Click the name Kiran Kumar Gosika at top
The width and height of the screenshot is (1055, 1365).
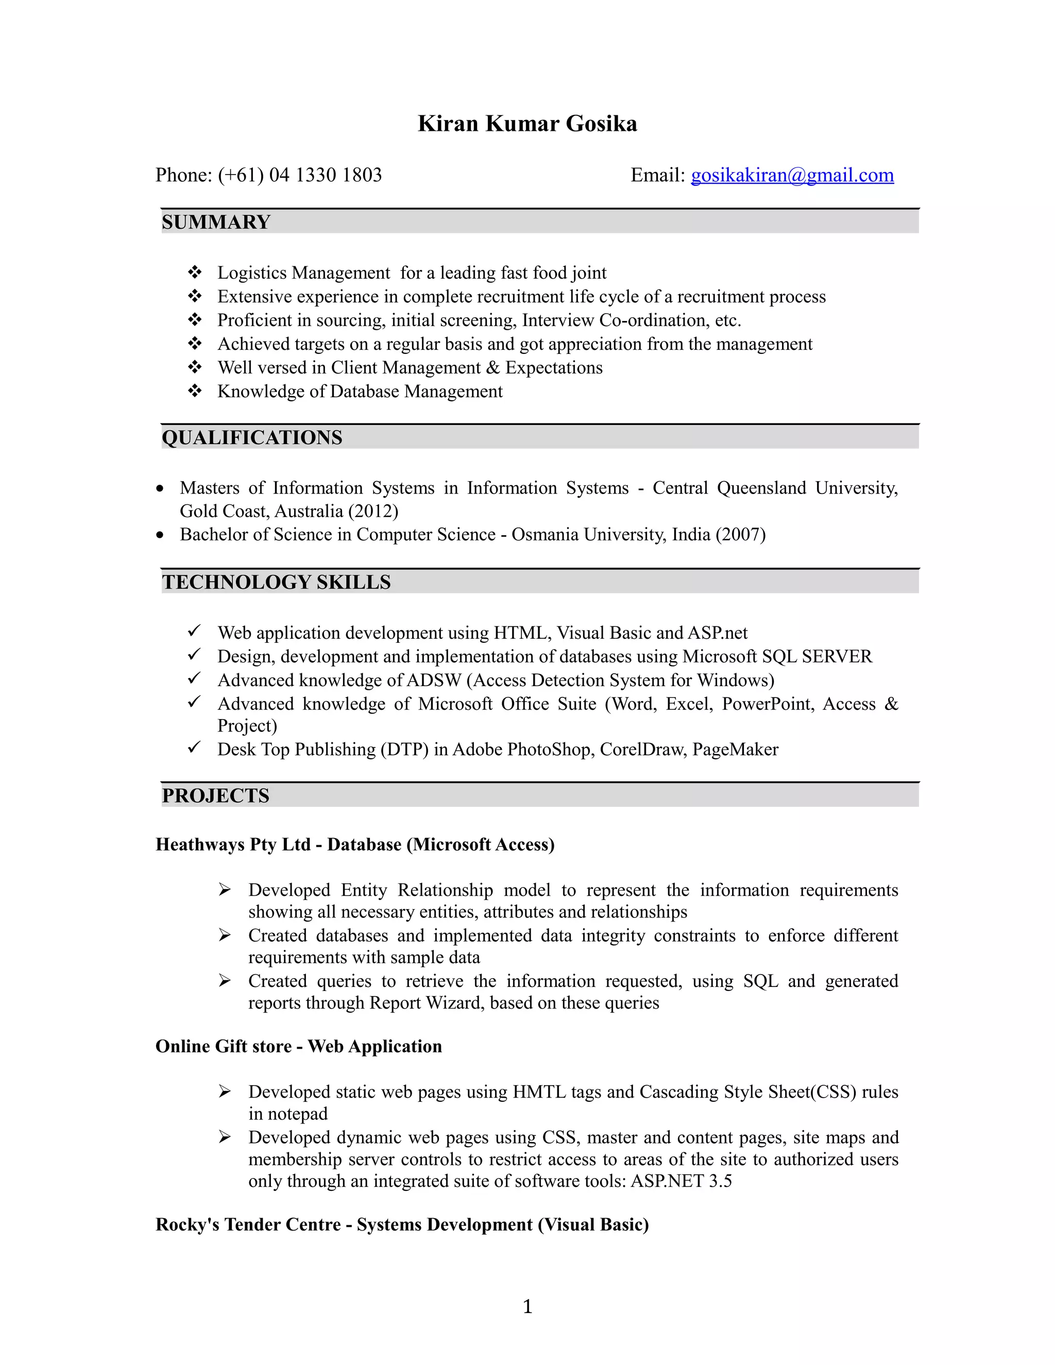click(527, 124)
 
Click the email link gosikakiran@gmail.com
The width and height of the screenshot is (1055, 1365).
click(792, 175)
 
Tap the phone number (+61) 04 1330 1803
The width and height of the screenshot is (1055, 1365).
click(299, 175)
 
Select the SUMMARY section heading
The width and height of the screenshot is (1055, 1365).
click(216, 222)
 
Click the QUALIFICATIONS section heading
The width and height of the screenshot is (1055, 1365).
click(252, 437)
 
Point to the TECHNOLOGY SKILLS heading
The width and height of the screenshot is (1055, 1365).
click(276, 582)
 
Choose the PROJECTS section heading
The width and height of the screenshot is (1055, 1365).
click(216, 796)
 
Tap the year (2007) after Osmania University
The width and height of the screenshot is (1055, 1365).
click(741, 534)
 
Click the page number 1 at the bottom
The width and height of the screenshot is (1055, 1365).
click(527, 1306)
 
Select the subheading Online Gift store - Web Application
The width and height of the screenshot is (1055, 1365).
click(299, 1046)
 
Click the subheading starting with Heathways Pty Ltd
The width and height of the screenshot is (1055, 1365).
click(355, 844)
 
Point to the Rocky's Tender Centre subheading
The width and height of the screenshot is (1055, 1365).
click(402, 1224)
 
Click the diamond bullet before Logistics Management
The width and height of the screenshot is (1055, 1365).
click(195, 272)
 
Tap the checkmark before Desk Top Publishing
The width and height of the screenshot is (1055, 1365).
click(194, 747)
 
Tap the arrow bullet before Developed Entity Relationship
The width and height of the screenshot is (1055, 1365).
click(225, 890)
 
